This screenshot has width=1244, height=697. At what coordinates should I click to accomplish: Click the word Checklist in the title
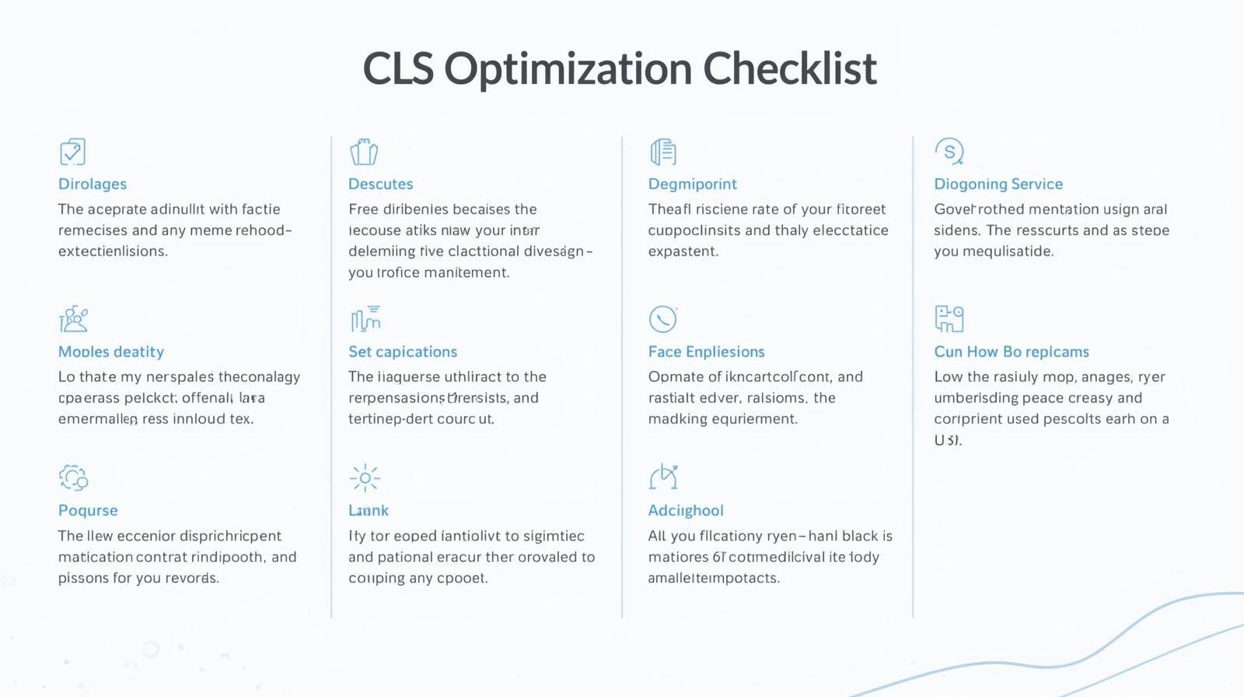790,68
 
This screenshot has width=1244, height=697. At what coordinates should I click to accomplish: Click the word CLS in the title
398,68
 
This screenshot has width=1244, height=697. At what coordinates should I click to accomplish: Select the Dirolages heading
93,184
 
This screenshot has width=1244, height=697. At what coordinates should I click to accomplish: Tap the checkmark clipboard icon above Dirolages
72,152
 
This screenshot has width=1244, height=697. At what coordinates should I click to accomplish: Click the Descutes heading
380,184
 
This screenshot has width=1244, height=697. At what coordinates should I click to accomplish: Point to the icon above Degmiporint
663,152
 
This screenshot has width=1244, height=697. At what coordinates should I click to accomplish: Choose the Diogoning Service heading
998,184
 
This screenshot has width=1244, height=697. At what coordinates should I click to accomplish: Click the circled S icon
949,151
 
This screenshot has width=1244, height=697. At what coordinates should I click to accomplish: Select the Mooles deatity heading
111,352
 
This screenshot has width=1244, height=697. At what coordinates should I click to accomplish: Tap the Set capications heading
403,352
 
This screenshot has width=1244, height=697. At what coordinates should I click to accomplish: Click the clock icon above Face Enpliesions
663,319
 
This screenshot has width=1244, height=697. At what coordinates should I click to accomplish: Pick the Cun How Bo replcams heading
1011,352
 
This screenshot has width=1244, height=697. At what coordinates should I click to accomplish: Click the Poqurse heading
88,510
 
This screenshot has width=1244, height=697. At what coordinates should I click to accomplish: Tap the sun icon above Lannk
365,478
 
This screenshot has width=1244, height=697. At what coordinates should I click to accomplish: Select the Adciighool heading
686,510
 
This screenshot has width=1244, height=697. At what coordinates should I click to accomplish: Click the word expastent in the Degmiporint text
683,251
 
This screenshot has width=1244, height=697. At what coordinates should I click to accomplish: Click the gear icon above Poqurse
73,477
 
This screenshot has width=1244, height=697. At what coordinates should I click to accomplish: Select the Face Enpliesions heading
706,352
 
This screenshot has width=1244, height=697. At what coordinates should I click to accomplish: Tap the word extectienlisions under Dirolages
113,251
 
